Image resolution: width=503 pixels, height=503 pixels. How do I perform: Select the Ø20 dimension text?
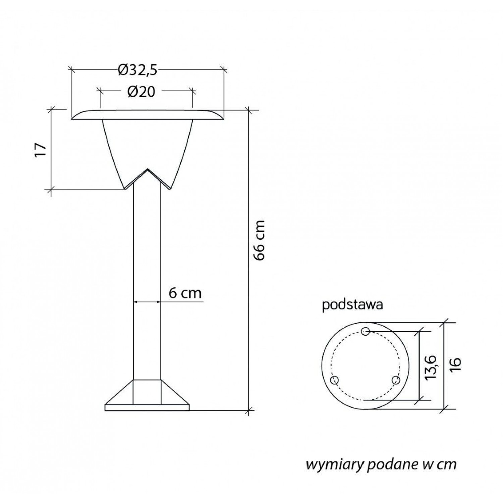tap(141, 92)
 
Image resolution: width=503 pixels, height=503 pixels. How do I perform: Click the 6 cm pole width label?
tap(185, 293)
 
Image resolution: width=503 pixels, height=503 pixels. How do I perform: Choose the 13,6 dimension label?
tap(430, 368)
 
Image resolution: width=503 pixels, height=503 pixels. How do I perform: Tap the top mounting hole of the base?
tap(366, 332)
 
